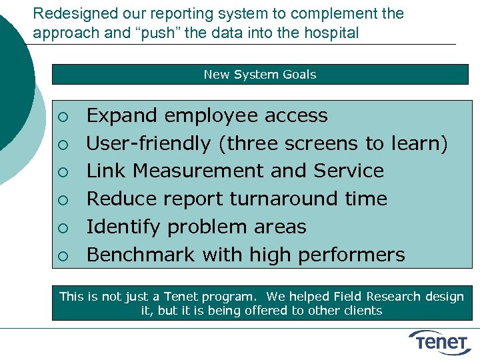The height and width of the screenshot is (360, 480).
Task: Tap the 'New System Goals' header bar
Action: [260, 74]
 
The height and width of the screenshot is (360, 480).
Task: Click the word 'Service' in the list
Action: [349, 171]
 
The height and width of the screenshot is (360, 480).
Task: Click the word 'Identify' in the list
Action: [124, 227]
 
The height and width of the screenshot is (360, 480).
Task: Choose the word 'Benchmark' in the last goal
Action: [141, 255]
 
